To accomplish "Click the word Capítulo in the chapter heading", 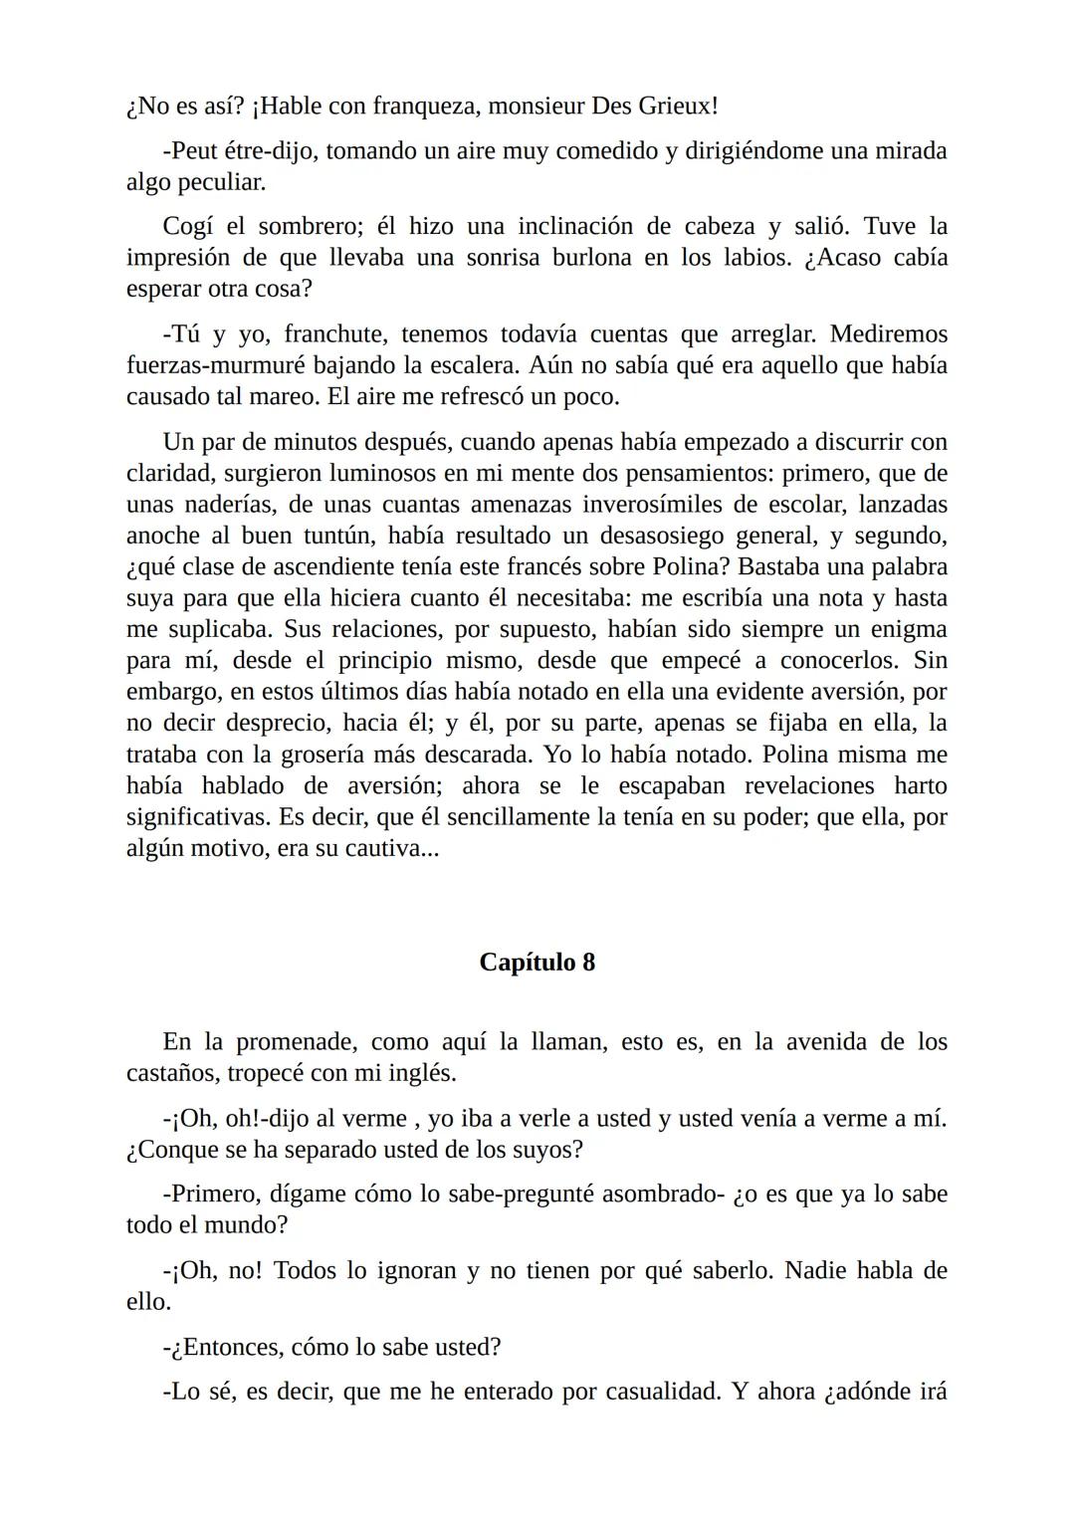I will coord(527,963).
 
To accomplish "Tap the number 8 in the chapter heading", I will coord(588,963).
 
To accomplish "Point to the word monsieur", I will coord(535,106).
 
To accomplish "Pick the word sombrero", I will coord(305,227).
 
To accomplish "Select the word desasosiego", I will coord(661,536).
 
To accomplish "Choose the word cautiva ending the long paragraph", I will coord(385,848).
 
